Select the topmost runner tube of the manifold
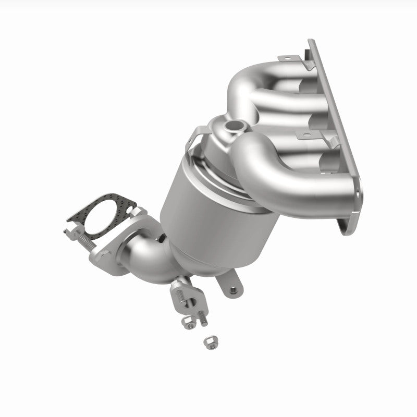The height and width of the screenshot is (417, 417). tap(261, 83)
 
